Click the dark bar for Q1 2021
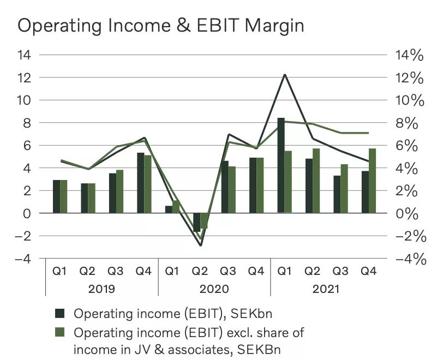click(281, 165)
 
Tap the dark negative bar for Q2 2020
click(197, 222)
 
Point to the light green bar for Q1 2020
click(176, 207)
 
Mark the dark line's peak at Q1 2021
click(284, 74)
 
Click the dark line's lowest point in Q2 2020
click(200, 245)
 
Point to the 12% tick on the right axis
click(409, 78)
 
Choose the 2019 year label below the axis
click(101, 289)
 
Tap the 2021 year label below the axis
click(326, 289)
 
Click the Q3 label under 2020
click(229, 271)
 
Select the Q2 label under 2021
click(313, 271)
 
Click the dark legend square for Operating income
click(61, 313)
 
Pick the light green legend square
click(61, 332)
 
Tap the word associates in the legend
click(190, 350)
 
